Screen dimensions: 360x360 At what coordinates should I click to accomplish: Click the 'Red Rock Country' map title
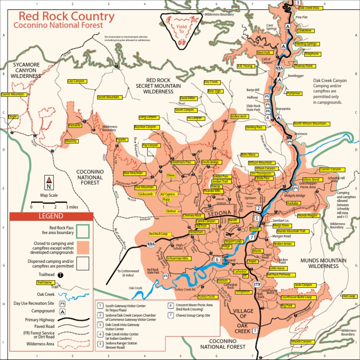click(64, 17)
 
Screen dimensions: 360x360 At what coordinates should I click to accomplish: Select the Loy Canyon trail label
click(76, 81)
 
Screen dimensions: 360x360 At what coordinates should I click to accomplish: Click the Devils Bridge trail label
click(210, 162)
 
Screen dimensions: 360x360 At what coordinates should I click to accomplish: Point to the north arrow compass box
click(49, 181)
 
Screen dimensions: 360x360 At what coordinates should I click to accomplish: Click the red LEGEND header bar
click(51, 216)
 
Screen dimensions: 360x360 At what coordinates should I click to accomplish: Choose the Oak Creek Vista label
click(309, 8)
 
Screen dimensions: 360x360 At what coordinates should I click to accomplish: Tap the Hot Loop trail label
click(349, 296)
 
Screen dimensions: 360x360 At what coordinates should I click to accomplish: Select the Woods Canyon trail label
click(301, 342)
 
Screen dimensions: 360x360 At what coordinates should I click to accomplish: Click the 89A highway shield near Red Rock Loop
click(151, 244)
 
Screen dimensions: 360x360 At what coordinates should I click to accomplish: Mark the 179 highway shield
click(257, 285)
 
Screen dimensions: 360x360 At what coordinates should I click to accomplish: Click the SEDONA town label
click(216, 213)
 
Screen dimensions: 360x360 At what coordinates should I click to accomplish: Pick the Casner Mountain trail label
click(13, 94)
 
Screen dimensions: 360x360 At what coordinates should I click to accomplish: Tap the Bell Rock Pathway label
click(278, 274)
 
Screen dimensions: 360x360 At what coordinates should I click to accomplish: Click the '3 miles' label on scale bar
click(73, 206)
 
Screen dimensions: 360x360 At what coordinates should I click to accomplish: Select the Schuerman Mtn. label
click(178, 258)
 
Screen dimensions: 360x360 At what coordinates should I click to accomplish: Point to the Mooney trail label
click(71, 141)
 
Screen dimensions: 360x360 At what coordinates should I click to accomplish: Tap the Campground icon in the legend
click(61, 311)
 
